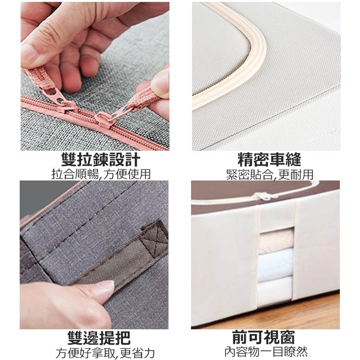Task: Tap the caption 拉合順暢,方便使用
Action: click(95, 174)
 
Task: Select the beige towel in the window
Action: click(276, 239)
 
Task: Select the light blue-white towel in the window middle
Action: click(276, 263)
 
